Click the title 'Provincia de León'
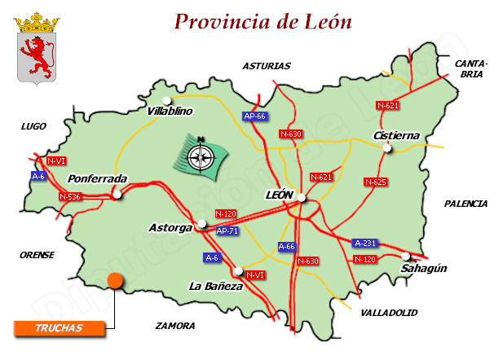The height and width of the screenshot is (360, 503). coord(263,21)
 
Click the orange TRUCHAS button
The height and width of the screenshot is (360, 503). coord(60,328)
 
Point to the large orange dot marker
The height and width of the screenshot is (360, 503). coord(115,281)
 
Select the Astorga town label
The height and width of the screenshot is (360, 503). coord(170,227)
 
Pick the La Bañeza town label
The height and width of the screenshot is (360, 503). coord(215,286)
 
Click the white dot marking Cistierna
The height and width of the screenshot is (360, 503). coord(388,147)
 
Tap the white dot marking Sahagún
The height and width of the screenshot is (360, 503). coord(405,256)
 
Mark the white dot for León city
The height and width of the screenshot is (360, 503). coord(301,197)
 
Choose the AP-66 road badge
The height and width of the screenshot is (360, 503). coord(255,116)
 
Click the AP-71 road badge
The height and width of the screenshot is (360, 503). coord(228,230)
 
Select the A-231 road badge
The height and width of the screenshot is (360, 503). coord(364,243)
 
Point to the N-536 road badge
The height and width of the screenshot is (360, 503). coord(70,196)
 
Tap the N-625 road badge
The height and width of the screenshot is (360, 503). coord(375,182)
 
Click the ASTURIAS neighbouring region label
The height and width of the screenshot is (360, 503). coord(266,66)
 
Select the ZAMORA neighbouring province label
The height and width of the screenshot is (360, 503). coord(175,325)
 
